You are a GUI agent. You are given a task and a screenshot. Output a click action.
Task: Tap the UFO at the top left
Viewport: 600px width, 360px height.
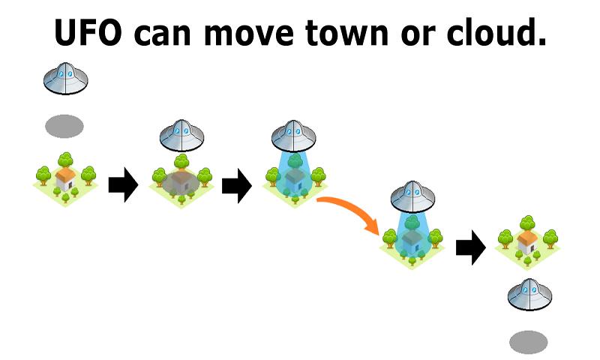pyautogui.click(x=65, y=78)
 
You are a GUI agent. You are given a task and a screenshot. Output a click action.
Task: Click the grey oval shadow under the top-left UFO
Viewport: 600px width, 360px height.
pyautogui.click(x=64, y=126)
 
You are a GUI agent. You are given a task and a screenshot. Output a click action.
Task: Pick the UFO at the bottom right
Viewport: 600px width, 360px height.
pyautogui.click(x=529, y=294)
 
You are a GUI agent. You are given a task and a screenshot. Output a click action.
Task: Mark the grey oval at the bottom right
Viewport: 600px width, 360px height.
pyautogui.click(x=529, y=343)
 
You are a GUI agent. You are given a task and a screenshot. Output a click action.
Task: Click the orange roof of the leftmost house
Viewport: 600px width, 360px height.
pyautogui.click(x=66, y=175)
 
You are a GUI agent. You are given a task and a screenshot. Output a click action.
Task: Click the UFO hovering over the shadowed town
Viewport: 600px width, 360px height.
pyautogui.click(x=181, y=135)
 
